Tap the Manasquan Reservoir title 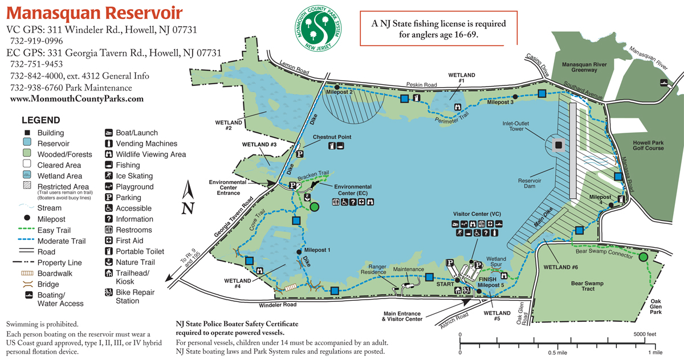click(95, 13)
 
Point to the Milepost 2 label click(340, 92)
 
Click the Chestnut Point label click(332, 137)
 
